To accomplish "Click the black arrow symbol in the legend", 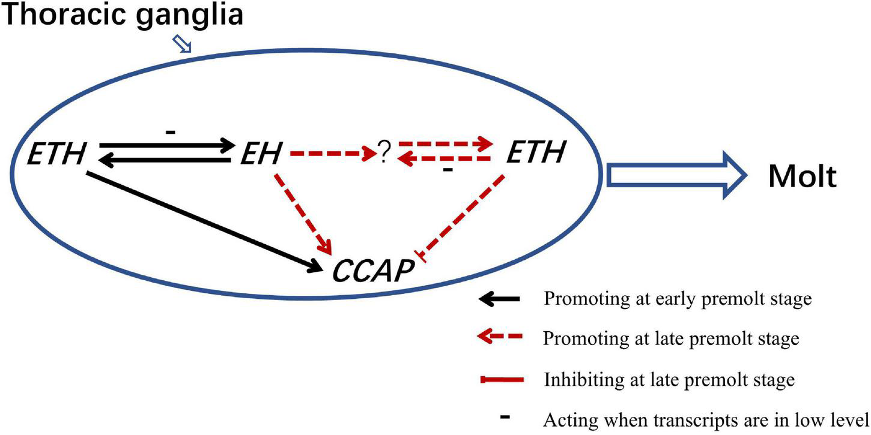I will (x=502, y=298).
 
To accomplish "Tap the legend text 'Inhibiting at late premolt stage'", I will (x=669, y=380).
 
